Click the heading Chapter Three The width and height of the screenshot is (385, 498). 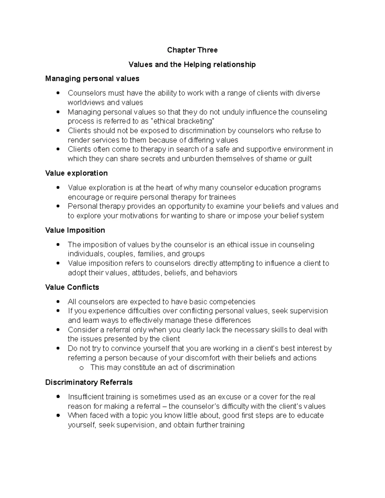[192, 50]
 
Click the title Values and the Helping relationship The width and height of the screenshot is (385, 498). [192, 64]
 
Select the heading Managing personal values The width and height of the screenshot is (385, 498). [92, 79]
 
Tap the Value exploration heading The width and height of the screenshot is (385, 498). [76, 173]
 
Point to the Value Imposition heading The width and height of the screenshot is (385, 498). [75, 230]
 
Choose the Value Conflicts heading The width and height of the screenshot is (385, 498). [72, 287]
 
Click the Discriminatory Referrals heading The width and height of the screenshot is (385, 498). [89, 382]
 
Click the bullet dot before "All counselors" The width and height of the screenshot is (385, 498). [58, 302]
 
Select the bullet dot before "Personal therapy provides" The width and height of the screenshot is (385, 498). [58, 207]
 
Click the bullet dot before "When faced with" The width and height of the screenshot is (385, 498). [58, 416]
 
